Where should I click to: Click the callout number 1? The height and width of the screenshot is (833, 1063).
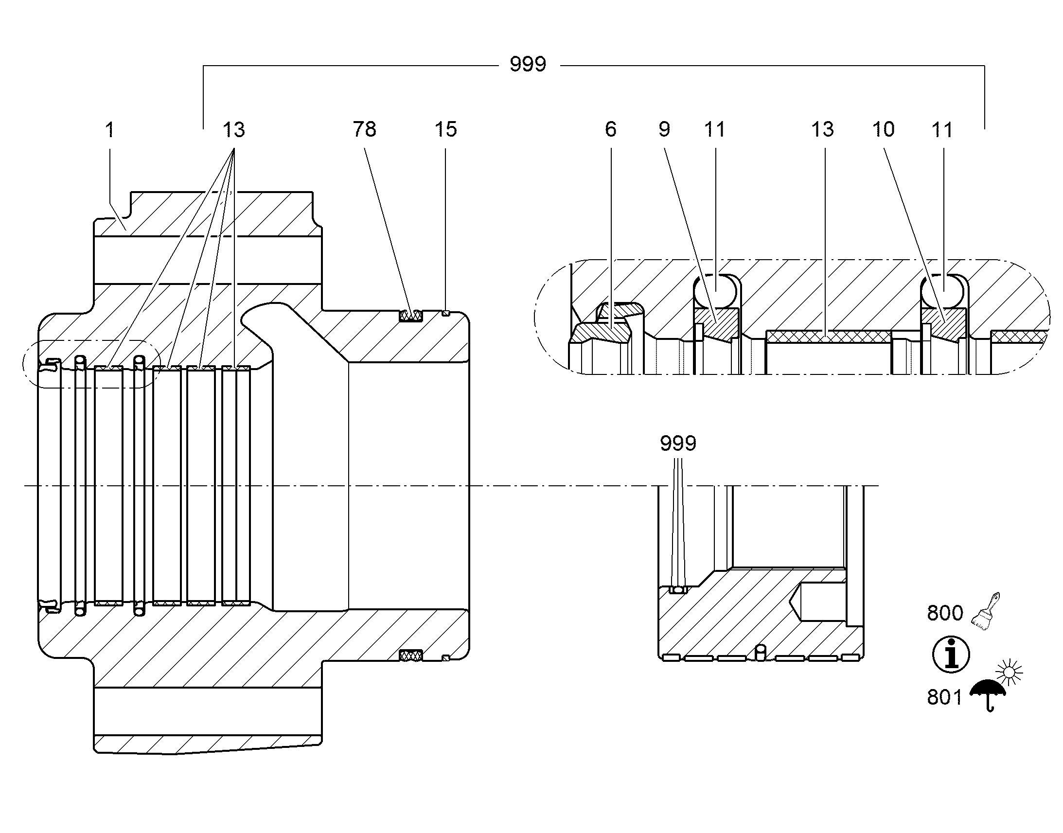[110, 130]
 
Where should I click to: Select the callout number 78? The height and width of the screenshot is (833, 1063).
[365, 129]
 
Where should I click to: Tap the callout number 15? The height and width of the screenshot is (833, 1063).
[446, 129]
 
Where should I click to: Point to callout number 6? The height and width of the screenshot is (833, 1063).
[610, 129]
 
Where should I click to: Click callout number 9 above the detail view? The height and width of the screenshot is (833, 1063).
[664, 129]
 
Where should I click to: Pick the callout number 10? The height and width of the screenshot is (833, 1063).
[883, 129]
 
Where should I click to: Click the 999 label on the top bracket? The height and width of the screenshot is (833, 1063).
[528, 64]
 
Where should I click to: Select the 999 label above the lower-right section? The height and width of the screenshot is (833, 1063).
[678, 443]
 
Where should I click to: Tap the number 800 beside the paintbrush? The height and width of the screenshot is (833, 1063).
[945, 613]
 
